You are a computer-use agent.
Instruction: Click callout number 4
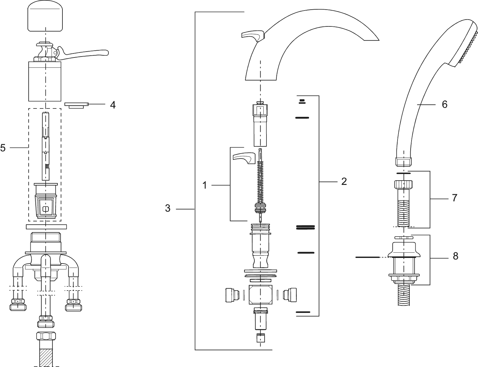click(x=113, y=105)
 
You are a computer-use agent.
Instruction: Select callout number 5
click(x=3, y=148)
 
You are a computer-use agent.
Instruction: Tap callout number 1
click(x=205, y=185)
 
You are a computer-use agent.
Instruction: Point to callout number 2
click(x=344, y=181)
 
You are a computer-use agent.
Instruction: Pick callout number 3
click(x=168, y=208)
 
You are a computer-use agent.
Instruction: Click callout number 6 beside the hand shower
click(x=444, y=104)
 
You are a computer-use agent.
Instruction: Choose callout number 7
click(x=454, y=198)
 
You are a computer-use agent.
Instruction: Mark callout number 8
click(x=456, y=256)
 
